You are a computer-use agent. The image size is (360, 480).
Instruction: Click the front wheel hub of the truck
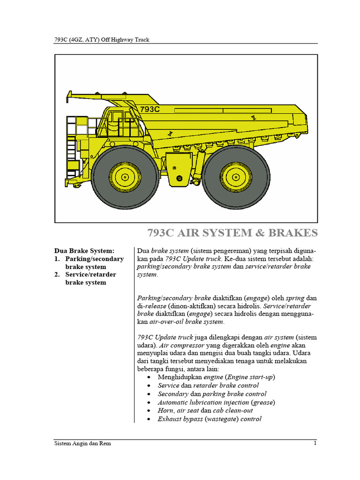pyautogui.click(x=125, y=177)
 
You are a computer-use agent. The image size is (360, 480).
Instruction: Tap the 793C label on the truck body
pyautogui.click(x=150, y=109)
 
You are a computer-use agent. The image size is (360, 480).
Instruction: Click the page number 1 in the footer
pyautogui.click(x=315, y=443)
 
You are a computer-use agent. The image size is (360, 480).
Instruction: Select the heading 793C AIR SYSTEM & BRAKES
pyautogui.click(x=232, y=233)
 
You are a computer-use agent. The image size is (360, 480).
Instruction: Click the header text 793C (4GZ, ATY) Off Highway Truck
pyautogui.click(x=102, y=39)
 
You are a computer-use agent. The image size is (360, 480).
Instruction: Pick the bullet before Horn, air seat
pyautogui.click(x=149, y=411)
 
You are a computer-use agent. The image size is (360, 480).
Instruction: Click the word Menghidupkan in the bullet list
pyautogui.click(x=180, y=377)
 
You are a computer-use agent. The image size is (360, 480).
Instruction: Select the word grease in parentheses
pyautogui.click(x=263, y=402)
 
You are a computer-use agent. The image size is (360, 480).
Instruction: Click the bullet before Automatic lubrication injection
pyautogui.click(x=149, y=402)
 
